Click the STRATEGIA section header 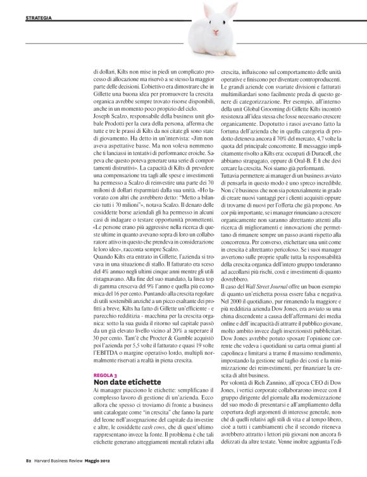pyautogui.click(x=39, y=17)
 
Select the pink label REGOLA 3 pyautogui.click(x=104, y=375)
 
